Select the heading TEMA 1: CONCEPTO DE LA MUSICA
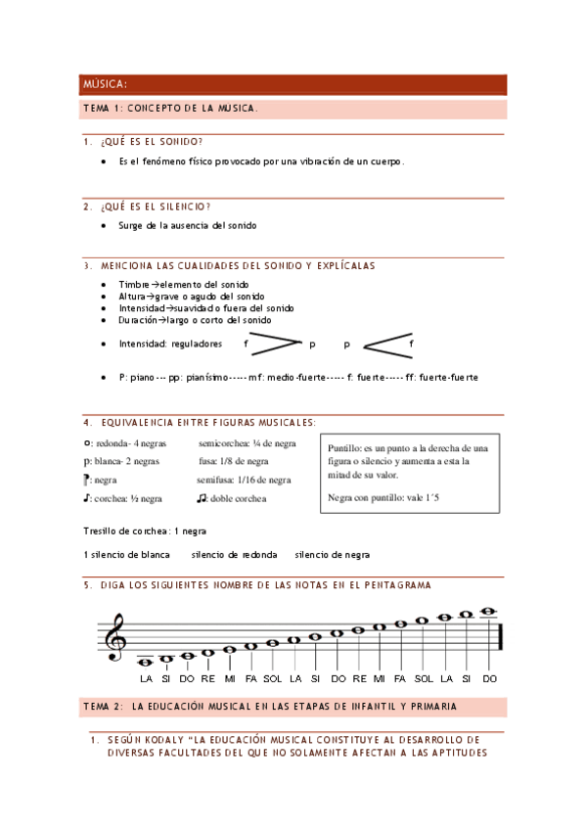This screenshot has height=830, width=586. (171, 109)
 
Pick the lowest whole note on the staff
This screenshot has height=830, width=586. (146, 661)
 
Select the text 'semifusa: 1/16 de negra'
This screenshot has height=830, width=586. (244, 481)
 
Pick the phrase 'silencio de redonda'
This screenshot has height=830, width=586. (234, 554)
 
